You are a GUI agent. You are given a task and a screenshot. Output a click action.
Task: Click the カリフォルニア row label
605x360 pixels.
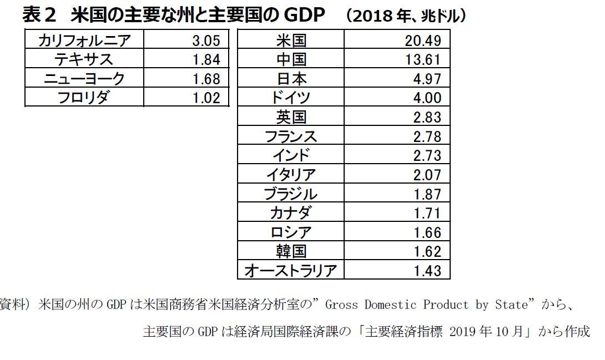[x=84, y=40]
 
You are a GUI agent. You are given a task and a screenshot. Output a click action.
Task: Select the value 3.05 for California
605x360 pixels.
[x=206, y=40]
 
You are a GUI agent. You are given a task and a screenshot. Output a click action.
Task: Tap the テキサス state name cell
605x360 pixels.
[x=84, y=59]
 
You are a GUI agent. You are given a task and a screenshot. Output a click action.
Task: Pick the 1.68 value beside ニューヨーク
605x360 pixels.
[x=206, y=78]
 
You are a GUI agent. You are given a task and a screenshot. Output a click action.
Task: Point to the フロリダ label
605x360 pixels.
[x=84, y=98]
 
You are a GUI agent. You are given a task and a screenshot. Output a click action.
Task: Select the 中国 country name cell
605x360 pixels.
[x=291, y=59]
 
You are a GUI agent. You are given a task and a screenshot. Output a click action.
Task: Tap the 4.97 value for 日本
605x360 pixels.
[x=427, y=78]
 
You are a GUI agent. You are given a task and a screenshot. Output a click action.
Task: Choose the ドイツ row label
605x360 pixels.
[x=291, y=98]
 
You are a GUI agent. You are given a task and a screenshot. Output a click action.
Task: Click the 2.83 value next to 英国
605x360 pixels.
[x=427, y=117]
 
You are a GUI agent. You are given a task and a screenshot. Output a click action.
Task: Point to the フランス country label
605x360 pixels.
[x=291, y=136]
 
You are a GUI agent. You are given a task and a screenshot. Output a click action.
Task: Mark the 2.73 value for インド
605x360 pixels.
[x=427, y=155]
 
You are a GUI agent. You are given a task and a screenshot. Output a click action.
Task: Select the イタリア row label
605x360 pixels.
[x=291, y=175]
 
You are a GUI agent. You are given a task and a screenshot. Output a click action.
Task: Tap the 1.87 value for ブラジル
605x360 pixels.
[x=427, y=194]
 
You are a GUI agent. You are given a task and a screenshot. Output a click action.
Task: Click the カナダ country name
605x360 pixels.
[x=291, y=213]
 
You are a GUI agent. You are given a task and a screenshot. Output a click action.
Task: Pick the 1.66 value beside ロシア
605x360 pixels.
[x=427, y=232]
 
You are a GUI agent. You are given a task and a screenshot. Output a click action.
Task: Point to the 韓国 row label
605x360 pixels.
[x=291, y=251]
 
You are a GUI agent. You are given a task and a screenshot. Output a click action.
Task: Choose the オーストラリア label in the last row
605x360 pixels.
[x=291, y=271]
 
